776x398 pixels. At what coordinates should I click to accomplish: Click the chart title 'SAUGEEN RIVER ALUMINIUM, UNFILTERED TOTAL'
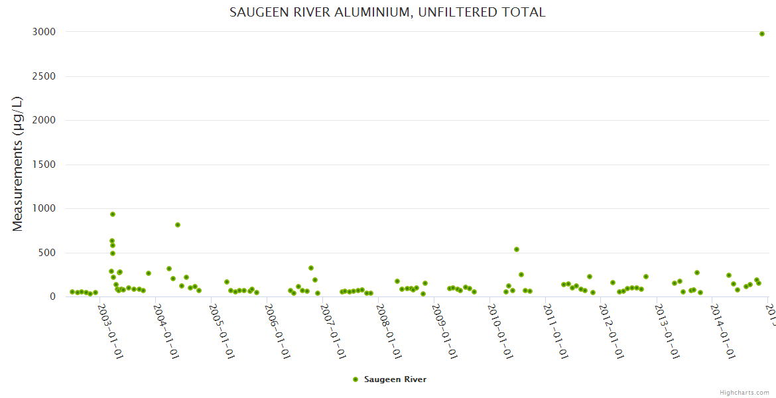pos(387,12)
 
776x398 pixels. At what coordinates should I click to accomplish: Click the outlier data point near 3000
pos(762,34)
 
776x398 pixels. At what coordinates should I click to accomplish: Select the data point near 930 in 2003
pos(113,214)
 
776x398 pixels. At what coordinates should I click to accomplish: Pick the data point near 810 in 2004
pos(178,225)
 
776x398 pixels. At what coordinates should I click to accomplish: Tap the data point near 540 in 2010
pos(517,249)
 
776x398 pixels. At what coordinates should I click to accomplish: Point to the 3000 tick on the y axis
pos(44,32)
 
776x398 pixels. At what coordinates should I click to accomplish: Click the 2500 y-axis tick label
pos(44,76)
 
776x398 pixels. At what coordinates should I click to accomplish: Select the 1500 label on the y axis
pos(44,165)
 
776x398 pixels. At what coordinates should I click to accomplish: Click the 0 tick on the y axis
pos(52,297)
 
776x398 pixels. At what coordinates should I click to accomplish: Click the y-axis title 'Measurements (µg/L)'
pos(18,164)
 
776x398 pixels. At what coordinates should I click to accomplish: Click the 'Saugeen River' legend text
pos(395,379)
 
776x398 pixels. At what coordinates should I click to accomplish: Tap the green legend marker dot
pos(356,379)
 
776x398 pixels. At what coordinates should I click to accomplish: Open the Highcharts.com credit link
pos(744,393)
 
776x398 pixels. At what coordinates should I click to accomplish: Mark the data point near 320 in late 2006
pos(311,268)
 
